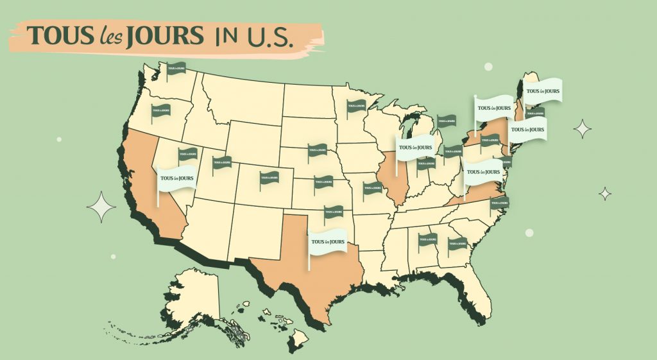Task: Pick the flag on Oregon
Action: [161, 111]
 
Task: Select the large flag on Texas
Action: [328, 242]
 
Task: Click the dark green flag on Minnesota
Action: [356, 107]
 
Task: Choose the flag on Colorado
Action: [269, 177]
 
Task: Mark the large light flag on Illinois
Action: [414, 147]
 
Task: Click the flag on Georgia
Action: [458, 243]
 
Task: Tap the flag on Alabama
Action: [428, 241]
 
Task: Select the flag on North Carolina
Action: [499, 203]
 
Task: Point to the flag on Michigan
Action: [447, 120]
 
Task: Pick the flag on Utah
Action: [222, 162]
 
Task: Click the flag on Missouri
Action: [373, 188]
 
